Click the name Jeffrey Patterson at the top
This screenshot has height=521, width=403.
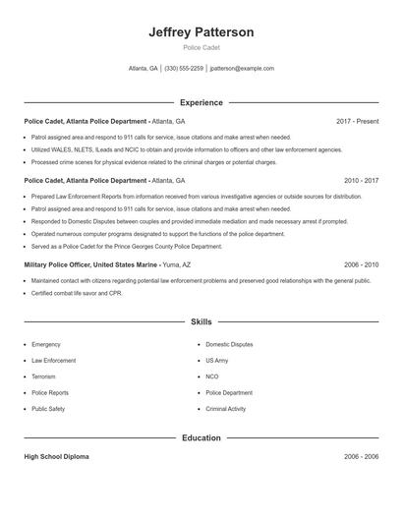point(201,31)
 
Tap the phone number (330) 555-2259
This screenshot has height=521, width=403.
point(184,69)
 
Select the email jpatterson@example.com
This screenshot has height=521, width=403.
point(242,69)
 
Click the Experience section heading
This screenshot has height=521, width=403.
point(201,102)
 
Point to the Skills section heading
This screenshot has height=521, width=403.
point(201,321)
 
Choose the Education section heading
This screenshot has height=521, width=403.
point(201,437)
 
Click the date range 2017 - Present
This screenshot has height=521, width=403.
point(357,121)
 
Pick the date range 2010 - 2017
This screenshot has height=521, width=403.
point(361,181)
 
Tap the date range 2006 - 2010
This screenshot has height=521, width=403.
point(361,264)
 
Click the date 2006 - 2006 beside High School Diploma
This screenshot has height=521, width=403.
point(361,457)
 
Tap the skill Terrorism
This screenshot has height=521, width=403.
point(44,376)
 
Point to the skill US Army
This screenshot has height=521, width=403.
point(217,361)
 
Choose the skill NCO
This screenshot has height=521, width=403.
point(212,376)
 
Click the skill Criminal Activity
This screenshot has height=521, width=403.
point(226,408)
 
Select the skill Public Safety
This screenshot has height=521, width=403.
point(48,408)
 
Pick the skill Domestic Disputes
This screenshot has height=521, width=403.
point(229,345)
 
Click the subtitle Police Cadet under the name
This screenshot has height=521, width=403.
point(201,47)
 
